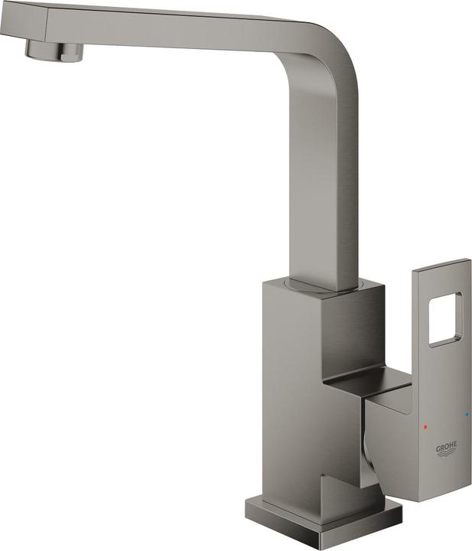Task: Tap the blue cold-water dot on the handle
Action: [467, 416]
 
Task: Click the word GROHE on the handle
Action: [447, 446]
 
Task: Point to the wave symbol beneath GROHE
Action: [447, 454]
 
